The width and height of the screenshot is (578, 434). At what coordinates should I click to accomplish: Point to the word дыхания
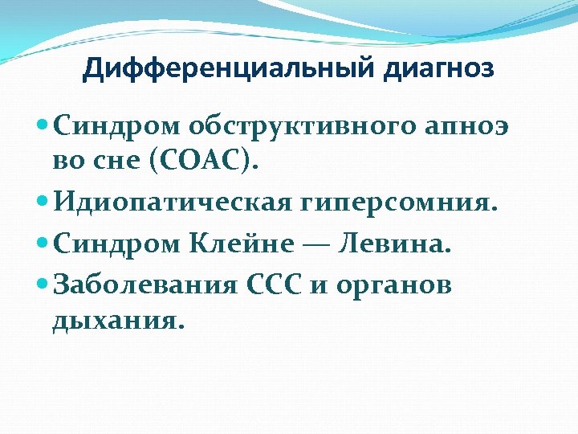[118, 321]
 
